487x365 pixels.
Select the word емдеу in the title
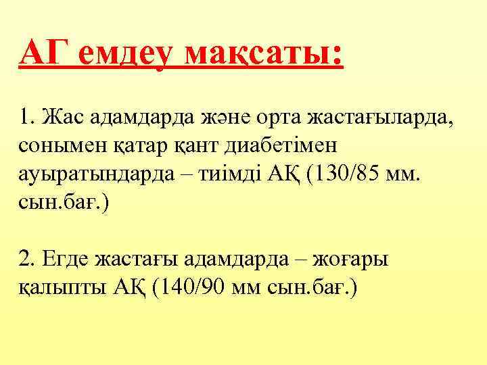click(123, 53)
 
